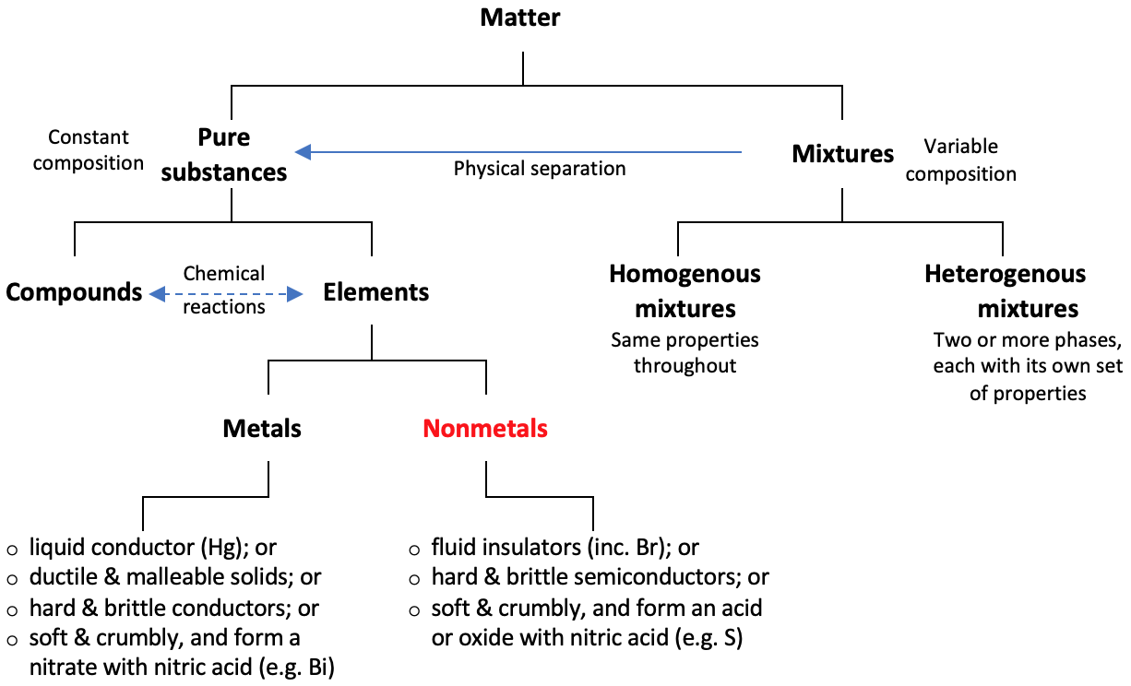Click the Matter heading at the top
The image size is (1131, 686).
(x=519, y=17)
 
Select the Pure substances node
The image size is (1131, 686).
(x=224, y=154)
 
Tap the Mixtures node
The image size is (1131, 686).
(x=842, y=154)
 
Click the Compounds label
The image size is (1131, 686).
(x=74, y=292)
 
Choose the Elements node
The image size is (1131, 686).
(x=375, y=292)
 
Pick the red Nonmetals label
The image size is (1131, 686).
(x=485, y=429)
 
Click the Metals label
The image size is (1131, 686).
(x=262, y=429)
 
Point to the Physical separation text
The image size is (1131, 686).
(x=540, y=169)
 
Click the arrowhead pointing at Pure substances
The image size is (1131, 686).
(x=303, y=152)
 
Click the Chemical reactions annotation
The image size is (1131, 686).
(x=223, y=290)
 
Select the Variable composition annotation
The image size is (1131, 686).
(x=960, y=160)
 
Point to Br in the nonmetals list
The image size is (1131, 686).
(x=635, y=547)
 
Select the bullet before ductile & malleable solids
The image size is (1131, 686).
(x=13, y=579)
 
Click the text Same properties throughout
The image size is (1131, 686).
(x=685, y=352)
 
